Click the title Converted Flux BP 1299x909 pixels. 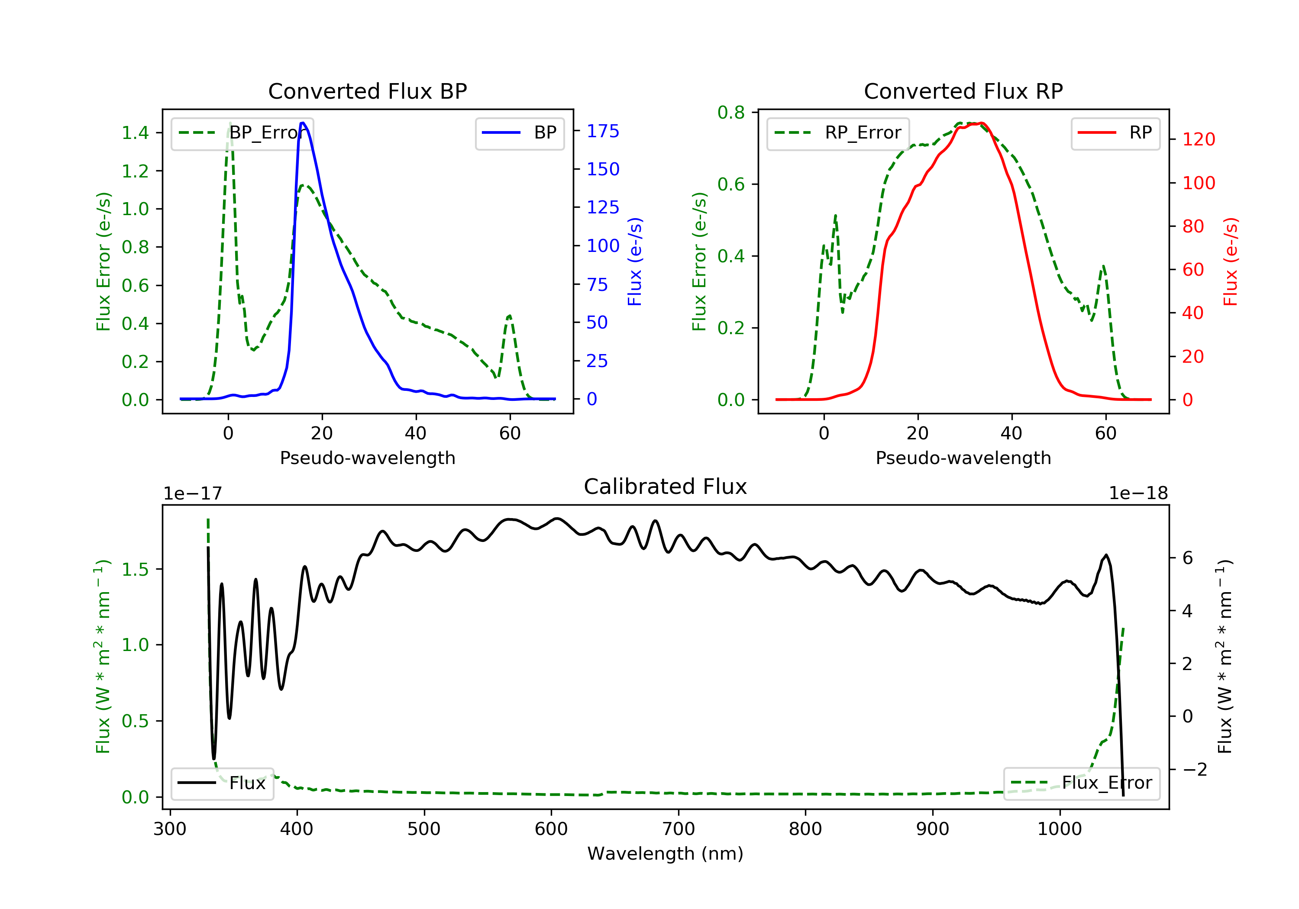click(367, 91)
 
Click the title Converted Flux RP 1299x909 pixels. click(963, 91)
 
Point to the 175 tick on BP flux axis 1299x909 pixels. click(603, 131)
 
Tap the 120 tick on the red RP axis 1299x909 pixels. click(1198, 139)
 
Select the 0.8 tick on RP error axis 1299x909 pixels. click(731, 113)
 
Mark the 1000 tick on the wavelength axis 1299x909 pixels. click(1059, 829)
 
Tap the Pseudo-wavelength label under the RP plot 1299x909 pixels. click(963, 458)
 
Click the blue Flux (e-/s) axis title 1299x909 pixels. click(635, 261)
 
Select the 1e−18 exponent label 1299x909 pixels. click(1138, 493)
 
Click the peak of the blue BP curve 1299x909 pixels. click(303, 123)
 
